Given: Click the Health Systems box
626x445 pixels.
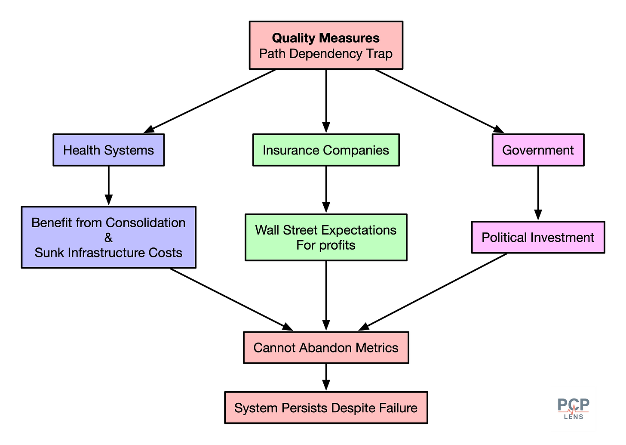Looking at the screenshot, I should (x=108, y=150).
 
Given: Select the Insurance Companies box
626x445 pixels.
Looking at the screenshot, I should (x=326, y=150).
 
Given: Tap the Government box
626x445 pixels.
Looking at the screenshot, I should (x=538, y=150).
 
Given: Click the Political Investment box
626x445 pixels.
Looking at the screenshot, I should (x=538, y=237).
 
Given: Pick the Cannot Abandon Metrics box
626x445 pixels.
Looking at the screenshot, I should (x=326, y=347).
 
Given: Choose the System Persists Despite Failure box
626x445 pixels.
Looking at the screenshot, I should (x=326, y=408).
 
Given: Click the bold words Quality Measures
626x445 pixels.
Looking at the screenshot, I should (x=326, y=38).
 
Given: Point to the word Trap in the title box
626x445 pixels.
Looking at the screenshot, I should (x=379, y=54).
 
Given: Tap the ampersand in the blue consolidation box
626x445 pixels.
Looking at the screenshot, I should (x=108, y=238).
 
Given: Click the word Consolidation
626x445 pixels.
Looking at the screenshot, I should (x=145, y=222).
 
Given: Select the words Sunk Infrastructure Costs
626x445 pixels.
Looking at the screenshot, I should (x=108, y=253).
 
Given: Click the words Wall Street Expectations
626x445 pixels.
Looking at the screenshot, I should (x=326, y=230).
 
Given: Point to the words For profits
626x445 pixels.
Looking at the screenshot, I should (x=326, y=245).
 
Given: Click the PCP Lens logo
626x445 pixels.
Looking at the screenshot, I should (x=573, y=408).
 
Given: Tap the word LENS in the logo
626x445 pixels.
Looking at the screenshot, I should (x=574, y=417).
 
